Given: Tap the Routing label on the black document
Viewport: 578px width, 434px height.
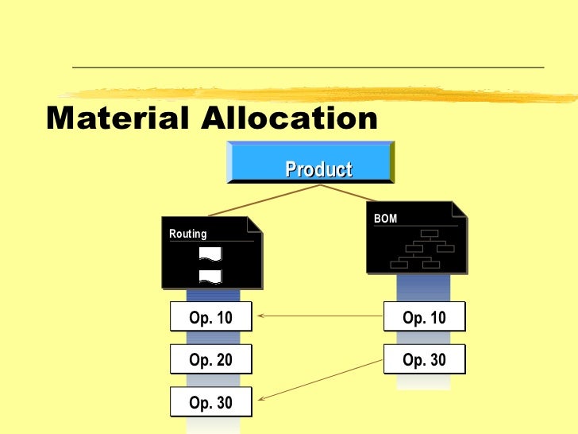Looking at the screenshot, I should (x=188, y=234).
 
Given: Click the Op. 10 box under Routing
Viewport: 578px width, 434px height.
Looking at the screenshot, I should (x=211, y=318).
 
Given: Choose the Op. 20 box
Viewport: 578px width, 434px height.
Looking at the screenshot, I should (x=211, y=360).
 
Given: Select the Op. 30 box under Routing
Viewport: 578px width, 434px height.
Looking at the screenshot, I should (x=211, y=403).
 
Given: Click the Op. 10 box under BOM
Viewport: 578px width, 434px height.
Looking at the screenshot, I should (x=425, y=318).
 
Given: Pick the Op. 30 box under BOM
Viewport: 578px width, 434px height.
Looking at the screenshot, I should (x=425, y=360).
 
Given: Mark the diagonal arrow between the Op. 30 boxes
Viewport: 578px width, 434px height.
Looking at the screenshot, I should (x=318, y=380).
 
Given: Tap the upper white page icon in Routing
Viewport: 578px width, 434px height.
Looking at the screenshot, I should (x=210, y=254).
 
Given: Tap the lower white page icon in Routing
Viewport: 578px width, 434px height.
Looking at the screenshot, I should (x=210, y=276).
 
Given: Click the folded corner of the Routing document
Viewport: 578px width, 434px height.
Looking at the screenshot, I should (x=256, y=223).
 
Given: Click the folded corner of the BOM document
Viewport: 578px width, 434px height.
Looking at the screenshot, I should (x=459, y=208).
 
